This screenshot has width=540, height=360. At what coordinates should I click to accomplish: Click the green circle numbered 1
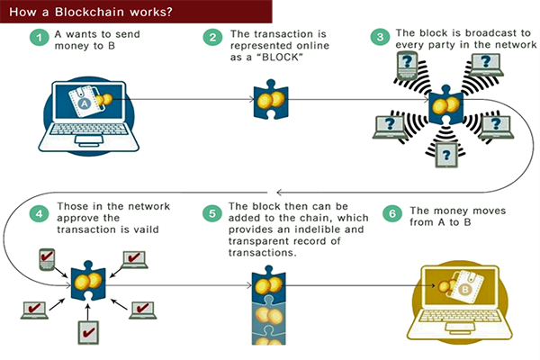(38, 38)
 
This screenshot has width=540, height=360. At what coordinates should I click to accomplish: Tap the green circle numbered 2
(212, 38)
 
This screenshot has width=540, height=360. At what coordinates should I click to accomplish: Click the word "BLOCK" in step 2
(280, 58)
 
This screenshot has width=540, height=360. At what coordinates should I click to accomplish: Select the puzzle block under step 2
(266, 102)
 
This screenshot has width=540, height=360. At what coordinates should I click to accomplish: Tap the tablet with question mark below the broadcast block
(443, 155)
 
